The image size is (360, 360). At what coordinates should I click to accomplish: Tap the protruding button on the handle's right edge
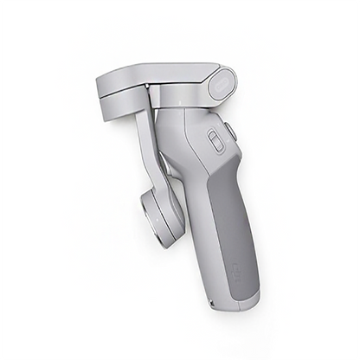(x=231, y=132)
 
